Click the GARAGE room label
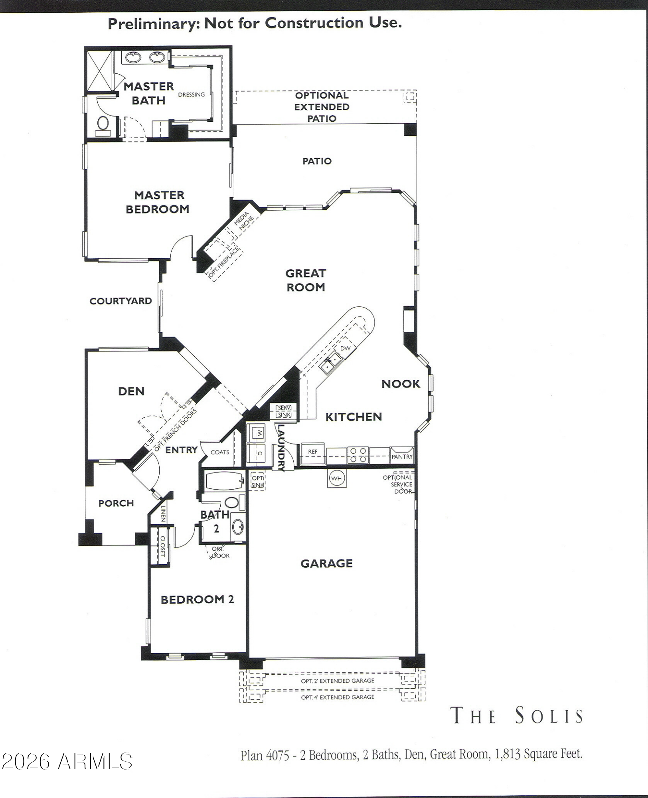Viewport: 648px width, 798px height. [x=326, y=563]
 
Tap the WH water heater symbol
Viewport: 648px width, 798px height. [x=337, y=478]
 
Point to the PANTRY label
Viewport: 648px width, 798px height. [x=402, y=457]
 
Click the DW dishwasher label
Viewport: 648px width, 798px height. [x=345, y=348]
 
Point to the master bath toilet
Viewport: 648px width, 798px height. [x=102, y=124]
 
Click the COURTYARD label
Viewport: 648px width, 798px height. [x=121, y=301]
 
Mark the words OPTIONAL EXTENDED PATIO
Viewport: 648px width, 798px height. [x=322, y=107]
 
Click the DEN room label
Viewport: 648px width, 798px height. [x=131, y=391]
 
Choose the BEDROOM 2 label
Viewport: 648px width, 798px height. [x=197, y=600]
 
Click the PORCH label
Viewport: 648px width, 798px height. [x=116, y=504]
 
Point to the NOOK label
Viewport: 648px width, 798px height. [x=401, y=384]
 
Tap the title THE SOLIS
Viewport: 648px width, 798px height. [x=516, y=715]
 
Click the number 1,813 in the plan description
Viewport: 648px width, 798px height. [x=508, y=754]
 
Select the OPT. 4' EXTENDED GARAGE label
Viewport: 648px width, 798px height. [x=338, y=697]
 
